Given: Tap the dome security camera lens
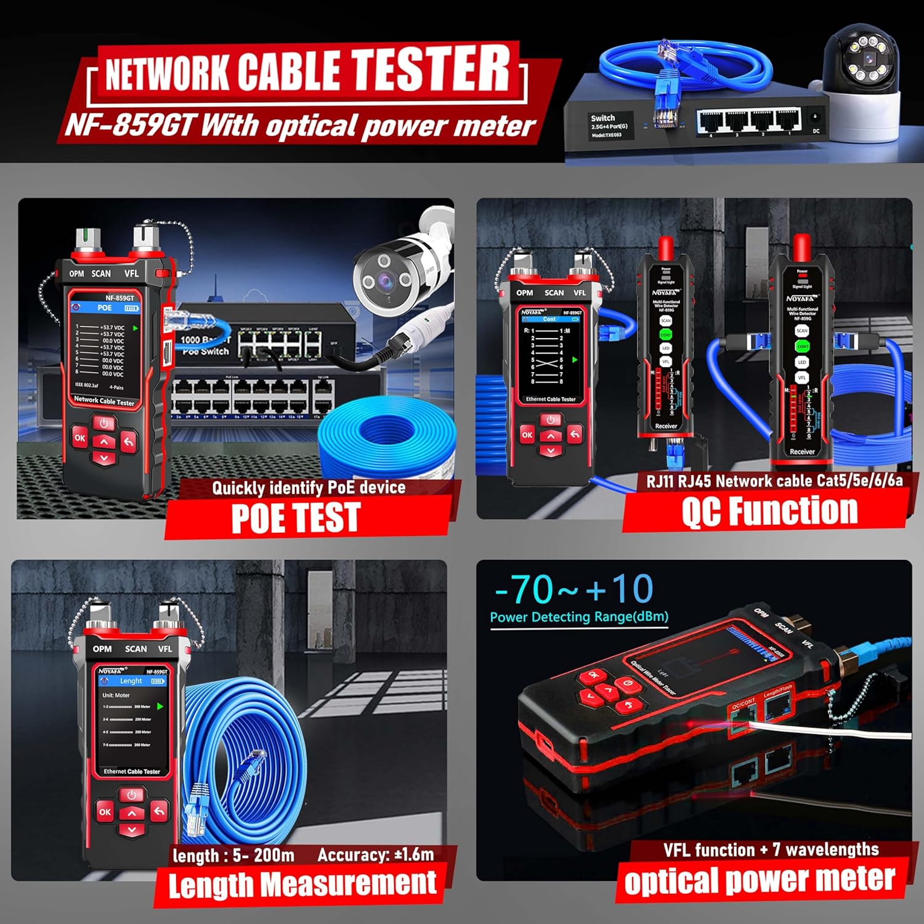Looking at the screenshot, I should pos(869,60).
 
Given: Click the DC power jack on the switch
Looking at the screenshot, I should pos(816,116).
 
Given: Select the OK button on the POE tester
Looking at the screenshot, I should pos(79,438).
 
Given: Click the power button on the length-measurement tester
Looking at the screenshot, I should pos(131,795).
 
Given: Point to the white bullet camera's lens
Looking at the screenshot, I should pos(386,281).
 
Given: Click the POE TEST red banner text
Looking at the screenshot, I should pos(295,517).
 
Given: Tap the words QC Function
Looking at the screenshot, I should pos(769,511).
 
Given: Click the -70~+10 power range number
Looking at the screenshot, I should pos(573,589).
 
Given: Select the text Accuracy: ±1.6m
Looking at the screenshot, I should pos(376,854).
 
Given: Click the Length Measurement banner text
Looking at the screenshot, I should pos(302,885).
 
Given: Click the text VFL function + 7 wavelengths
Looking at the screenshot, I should pos(771,850).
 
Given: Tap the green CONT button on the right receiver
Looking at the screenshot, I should pos(802,346).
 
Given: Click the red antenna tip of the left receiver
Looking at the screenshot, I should pos(665,247).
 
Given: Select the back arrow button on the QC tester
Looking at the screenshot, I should pos(574,434).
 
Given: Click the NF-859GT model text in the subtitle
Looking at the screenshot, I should pos(129,125).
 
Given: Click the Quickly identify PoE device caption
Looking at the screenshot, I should pos(309,488).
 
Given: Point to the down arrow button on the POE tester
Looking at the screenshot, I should pos(103,458).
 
